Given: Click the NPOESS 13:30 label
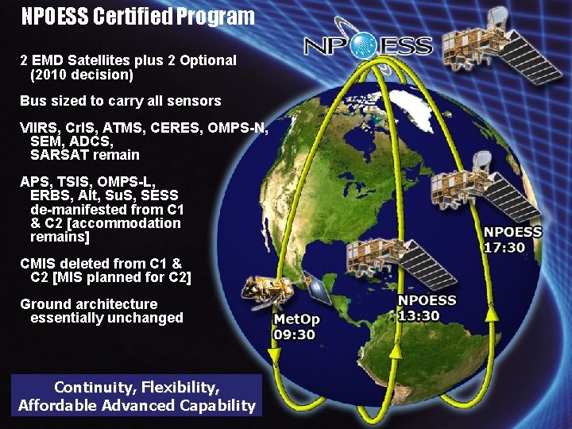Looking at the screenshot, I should pos(427,307).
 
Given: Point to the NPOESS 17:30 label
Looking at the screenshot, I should pos(513,239).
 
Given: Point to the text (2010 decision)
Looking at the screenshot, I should pos(82,75).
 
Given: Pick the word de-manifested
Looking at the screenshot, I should pos(82,210).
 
